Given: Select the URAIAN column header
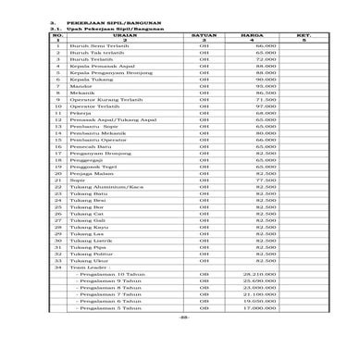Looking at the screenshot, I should coord(117,34).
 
